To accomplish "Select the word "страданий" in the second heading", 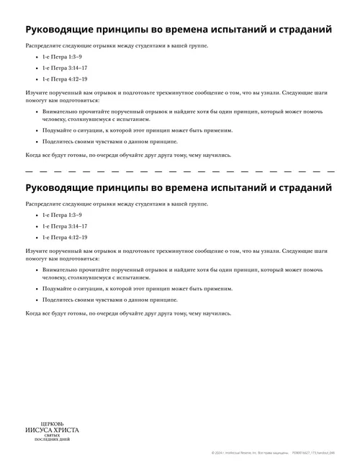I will pos(300,188).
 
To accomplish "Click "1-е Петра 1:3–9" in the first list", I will pos(62,56).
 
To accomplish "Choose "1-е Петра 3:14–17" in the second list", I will pos(65,225).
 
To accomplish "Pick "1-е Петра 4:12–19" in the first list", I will pos(65,79).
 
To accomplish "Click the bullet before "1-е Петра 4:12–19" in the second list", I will pos(36,237).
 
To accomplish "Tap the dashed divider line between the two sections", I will pos(180,171).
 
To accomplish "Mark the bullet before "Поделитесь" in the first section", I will pos(36,142).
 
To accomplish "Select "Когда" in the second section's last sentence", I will pos(33,313).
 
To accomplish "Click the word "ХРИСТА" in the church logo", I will pos(64,430).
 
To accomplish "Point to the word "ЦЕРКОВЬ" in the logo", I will pos(52,423).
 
